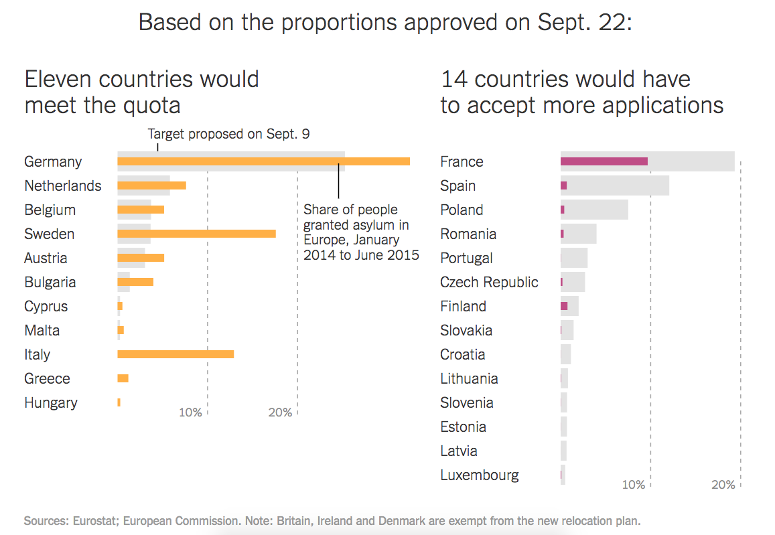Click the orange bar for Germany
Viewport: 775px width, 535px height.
pyautogui.click(x=263, y=161)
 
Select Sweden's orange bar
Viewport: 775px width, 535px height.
pyautogui.click(x=196, y=234)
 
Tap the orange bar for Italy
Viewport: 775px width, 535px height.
pyautogui.click(x=175, y=354)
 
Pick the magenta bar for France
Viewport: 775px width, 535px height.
pyautogui.click(x=604, y=161)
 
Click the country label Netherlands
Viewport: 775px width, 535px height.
pyautogui.click(x=63, y=185)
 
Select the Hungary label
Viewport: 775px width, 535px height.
pyautogui.click(x=51, y=402)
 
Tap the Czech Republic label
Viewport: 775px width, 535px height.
pyautogui.click(x=489, y=282)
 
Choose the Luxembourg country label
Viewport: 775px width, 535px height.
pyautogui.click(x=480, y=475)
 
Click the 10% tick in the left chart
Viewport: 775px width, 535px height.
pyautogui.click(x=190, y=412)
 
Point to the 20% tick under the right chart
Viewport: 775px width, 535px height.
pyautogui.click(x=723, y=485)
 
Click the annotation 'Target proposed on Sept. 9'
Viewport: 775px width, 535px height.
pyautogui.click(x=228, y=134)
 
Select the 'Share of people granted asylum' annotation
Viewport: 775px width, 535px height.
pyautogui.click(x=361, y=232)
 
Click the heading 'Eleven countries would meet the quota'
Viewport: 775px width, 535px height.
pyautogui.click(x=141, y=92)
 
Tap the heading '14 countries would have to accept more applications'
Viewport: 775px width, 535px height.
pyautogui.click(x=581, y=92)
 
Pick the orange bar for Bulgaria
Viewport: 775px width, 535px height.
pyautogui.click(x=135, y=282)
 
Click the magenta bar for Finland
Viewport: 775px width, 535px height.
pyautogui.click(x=564, y=306)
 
